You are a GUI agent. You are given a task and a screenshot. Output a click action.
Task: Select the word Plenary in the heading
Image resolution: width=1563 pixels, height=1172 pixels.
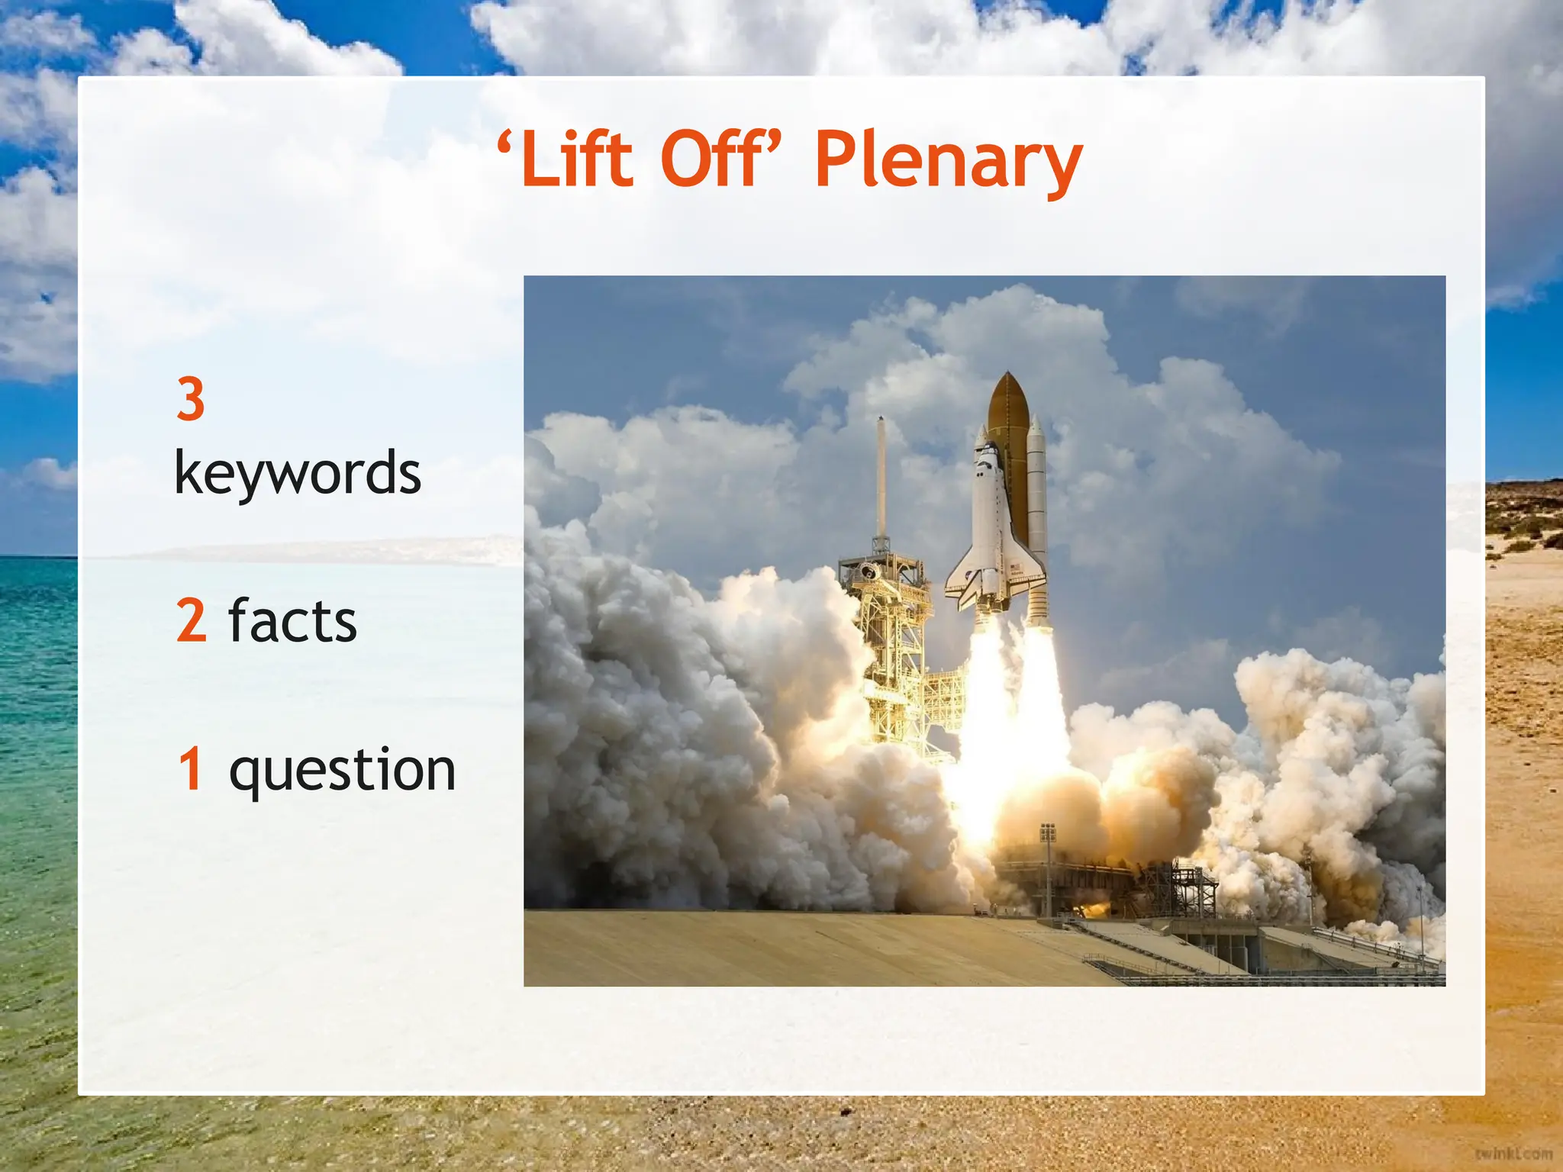tap(948, 162)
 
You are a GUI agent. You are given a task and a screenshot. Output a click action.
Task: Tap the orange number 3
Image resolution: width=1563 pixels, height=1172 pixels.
tap(191, 399)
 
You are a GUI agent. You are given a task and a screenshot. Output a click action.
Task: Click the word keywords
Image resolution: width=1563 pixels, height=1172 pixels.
tap(298, 473)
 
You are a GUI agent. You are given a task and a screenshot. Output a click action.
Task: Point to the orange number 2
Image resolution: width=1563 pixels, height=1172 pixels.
tap(192, 620)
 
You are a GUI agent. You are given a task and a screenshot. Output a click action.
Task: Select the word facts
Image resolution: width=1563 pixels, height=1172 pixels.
tap(292, 620)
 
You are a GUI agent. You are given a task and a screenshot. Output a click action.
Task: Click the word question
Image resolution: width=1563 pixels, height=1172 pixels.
tap(343, 771)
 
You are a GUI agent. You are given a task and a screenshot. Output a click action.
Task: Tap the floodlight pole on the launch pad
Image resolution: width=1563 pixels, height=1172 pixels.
tap(1048, 870)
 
